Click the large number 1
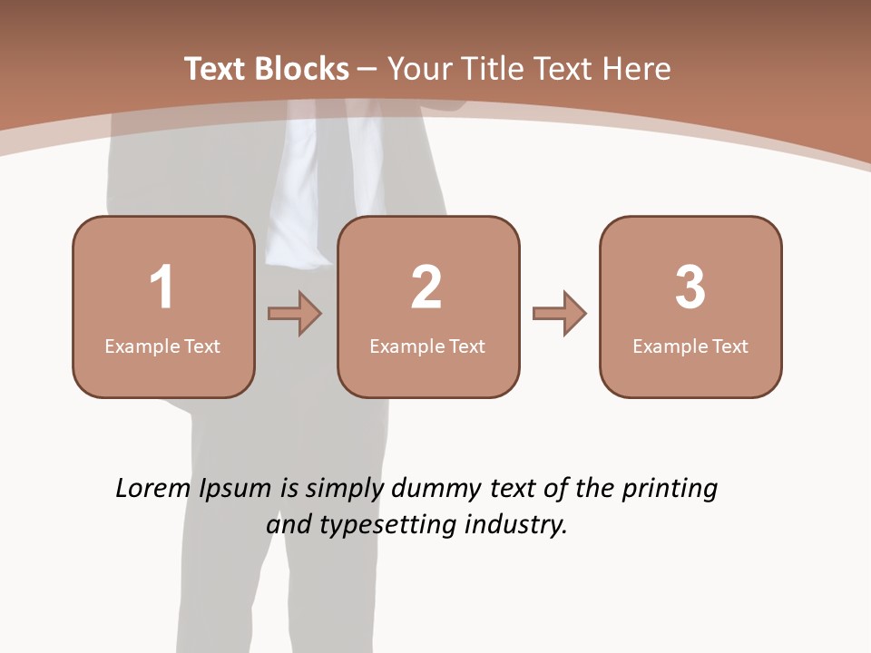[x=161, y=288]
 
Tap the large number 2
[x=426, y=288]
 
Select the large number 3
[x=690, y=288]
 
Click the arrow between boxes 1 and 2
[x=295, y=314]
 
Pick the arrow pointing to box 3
[x=560, y=314]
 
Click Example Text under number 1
[x=162, y=346]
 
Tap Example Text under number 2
[x=427, y=346]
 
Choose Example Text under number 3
[x=690, y=346]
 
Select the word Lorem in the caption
[x=154, y=489]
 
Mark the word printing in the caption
[x=669, y=490]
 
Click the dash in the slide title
[x=367, y=70]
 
